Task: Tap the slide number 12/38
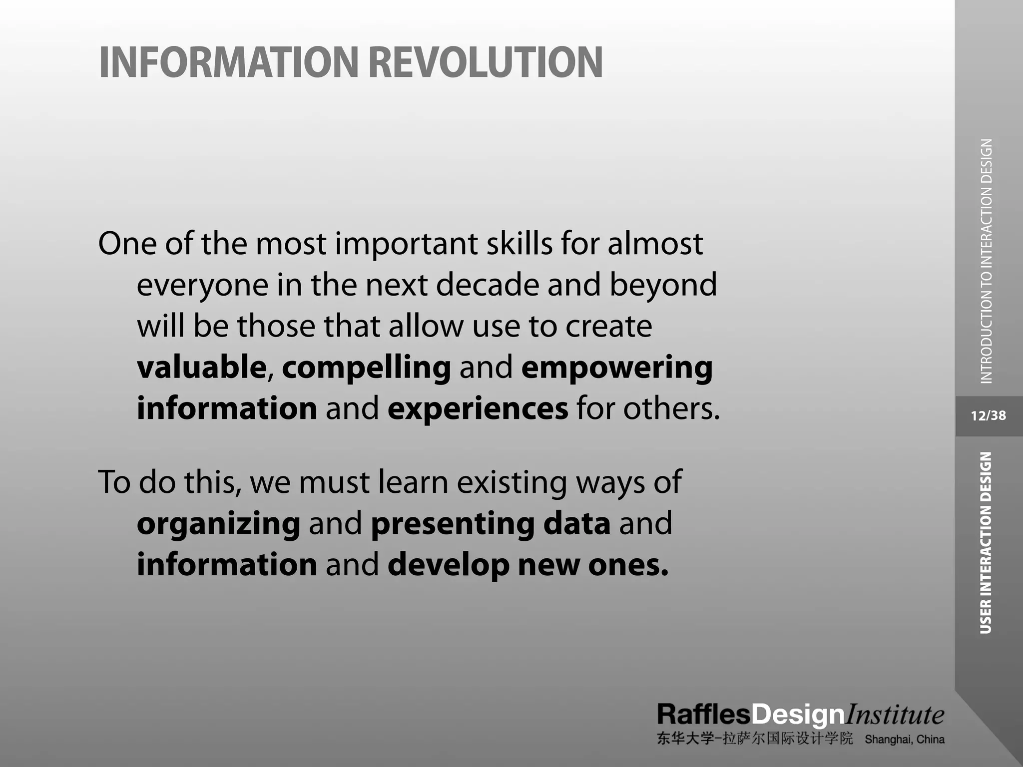[x=988, y=416]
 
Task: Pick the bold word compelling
[x=366, y=368]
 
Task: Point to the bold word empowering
[x=616, y=368]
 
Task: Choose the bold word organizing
[x=218, y=524]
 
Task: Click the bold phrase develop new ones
[x=527, y=565]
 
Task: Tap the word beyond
[x=663, y=286]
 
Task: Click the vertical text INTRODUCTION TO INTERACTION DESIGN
[x=986, y=261]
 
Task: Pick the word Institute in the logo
[x=894, y=715]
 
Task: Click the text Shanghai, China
[x=904, y=740]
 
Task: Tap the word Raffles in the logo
[x=703, y=715]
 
